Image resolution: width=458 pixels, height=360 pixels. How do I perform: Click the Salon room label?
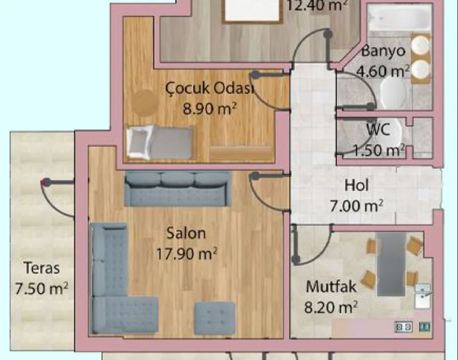[x=186, y=233]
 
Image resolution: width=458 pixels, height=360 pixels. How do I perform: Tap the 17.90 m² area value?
[x=187, y=253]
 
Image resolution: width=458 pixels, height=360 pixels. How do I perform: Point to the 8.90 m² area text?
[x=210, y=109]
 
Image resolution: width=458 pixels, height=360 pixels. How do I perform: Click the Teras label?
[x=42, y=268]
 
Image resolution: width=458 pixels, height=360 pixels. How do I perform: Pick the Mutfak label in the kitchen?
[x=331, y=287]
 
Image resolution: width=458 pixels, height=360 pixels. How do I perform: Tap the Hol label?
[x=356, y=186]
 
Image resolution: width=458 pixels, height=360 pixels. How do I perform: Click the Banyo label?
[x=383, y=51]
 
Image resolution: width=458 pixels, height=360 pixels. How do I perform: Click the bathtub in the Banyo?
[x=399, y=18]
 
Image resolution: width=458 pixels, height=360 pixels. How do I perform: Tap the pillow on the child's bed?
[x=140, y=142]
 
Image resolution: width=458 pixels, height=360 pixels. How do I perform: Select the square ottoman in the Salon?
[x=215, y=318]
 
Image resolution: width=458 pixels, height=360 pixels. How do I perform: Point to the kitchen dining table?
[x=391, y=264]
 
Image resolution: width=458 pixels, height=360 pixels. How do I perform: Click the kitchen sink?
[x=422, y=296]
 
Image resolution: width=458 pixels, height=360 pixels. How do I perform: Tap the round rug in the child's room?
[x=145, y=102]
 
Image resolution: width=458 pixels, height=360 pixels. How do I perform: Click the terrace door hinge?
[x=45, y=183]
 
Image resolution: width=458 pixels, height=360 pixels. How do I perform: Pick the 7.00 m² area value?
[x=356, y=206]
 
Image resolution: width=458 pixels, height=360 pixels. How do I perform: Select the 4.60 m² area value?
[x=383, y=72]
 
